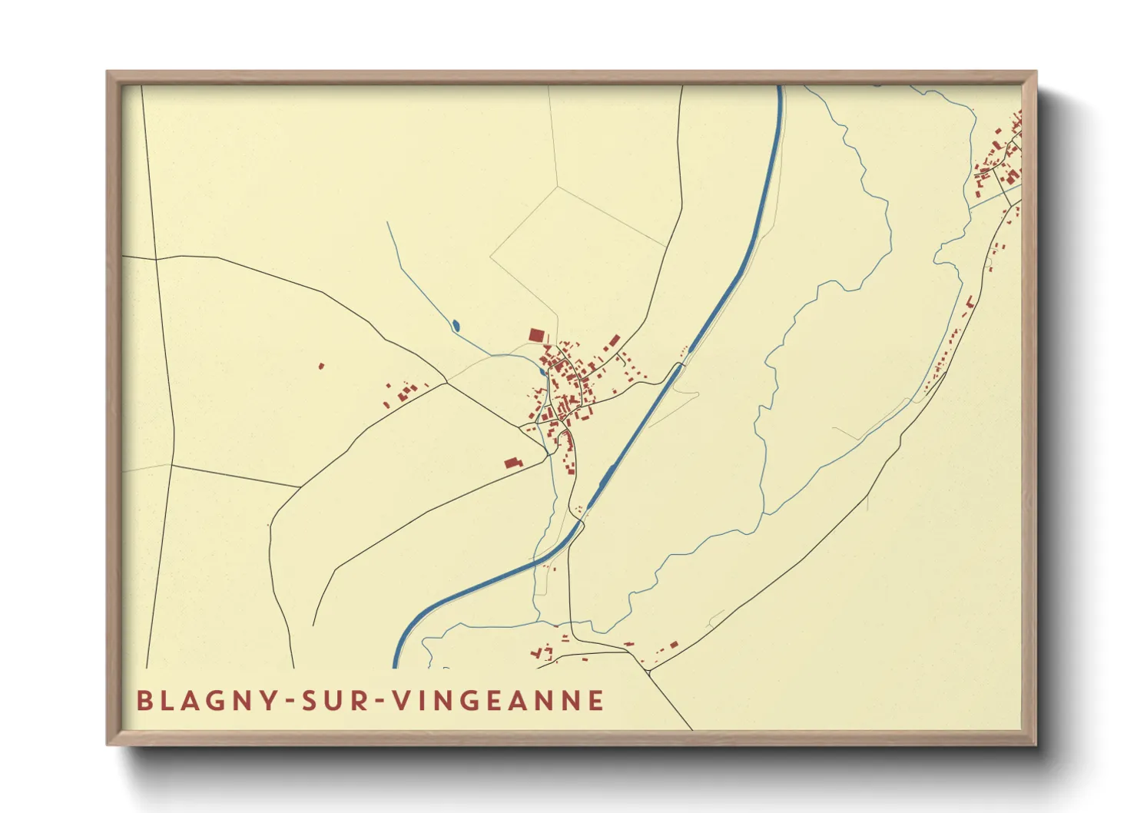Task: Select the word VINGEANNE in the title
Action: (498, 701)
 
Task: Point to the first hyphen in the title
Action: (290, 702)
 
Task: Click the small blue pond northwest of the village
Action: (456, 326)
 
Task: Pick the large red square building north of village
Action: (536, 335)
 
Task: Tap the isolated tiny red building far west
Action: (321, 366)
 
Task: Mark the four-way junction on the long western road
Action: (156, 259)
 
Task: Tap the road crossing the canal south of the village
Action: (582, 523)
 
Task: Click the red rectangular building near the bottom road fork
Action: (674, 645)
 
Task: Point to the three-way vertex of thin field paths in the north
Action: (559, 186)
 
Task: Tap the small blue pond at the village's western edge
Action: (542, 372)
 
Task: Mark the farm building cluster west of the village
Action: (404, 393)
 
